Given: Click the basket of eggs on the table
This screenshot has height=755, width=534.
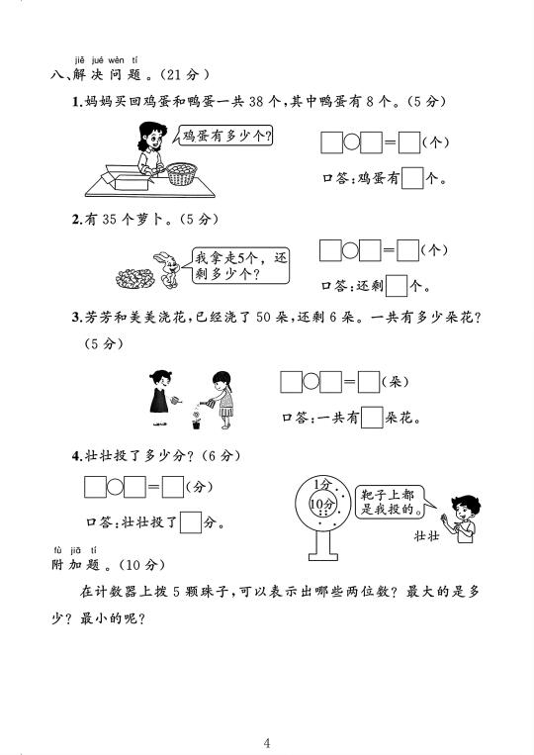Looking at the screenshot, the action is [x=182, y=174].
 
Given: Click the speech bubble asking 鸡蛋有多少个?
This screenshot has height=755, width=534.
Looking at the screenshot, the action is [x=224, y=137].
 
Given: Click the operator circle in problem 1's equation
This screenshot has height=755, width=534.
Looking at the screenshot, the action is [x=352, y=142].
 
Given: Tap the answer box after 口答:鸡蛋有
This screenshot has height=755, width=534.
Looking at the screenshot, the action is [x=412, y=178].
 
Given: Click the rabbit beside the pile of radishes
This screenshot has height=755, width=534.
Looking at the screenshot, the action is [x=166, y=269].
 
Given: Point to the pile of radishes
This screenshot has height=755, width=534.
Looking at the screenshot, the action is [x=134, y=278].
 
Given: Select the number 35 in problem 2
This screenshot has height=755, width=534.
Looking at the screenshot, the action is [x=109, y=220].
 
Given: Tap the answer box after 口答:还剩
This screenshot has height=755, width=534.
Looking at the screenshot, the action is [x=397, y=286].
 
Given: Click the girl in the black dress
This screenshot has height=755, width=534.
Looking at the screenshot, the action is [x=159, y=398].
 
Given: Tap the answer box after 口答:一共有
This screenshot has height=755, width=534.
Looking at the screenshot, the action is [x=372, y=418].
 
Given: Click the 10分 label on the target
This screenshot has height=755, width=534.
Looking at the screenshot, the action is [x=321, y=504].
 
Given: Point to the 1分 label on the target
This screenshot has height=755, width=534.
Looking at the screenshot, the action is [x=322, y=484].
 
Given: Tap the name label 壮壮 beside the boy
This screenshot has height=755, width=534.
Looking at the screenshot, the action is [x=427, y=536].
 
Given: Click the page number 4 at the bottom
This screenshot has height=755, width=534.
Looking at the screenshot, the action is [x=267, y=743].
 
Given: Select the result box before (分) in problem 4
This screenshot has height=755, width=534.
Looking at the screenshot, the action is [x=173, y=487].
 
